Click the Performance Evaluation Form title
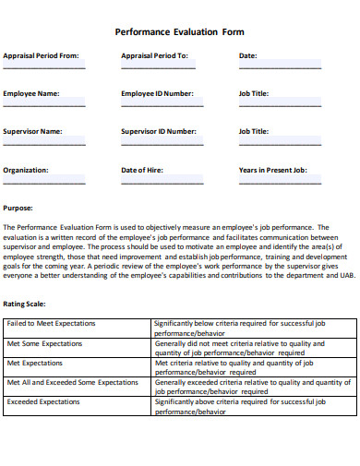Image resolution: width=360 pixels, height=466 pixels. [x=179, y=30]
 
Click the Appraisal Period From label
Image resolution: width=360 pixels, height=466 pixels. [x=41, y=55]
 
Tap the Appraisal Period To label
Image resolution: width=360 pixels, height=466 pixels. [x=154, y=55]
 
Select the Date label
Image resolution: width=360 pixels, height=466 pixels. [x=247, y=55]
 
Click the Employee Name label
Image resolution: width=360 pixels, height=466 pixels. [x=30, y=93]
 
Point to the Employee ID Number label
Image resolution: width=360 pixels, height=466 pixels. [x=157, y=93]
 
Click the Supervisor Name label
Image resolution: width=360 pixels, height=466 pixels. [x=32, y=131]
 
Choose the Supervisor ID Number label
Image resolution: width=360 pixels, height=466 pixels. [x=159, y=131]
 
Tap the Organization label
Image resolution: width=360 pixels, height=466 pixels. [x=25, y=170]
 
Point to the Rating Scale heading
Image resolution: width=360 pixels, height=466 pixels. [x=24, y=303]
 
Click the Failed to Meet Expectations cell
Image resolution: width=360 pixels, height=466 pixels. [x=43, y=324]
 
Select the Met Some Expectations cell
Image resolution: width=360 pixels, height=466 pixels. [x=44, y=343]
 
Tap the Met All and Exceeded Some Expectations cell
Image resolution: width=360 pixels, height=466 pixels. [x=72, y=381]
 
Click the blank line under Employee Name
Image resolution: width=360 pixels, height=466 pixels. [x=44, y=104]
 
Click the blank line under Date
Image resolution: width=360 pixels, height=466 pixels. [x=280, y=66]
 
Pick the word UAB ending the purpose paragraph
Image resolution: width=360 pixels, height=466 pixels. [x=345, y=274]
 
